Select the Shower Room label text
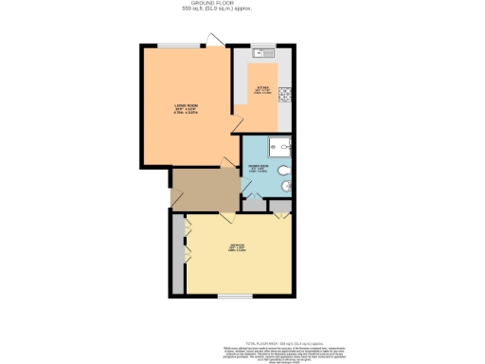click(257, 168)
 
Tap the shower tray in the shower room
click(282, 147)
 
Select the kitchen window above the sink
click(265, 45)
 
